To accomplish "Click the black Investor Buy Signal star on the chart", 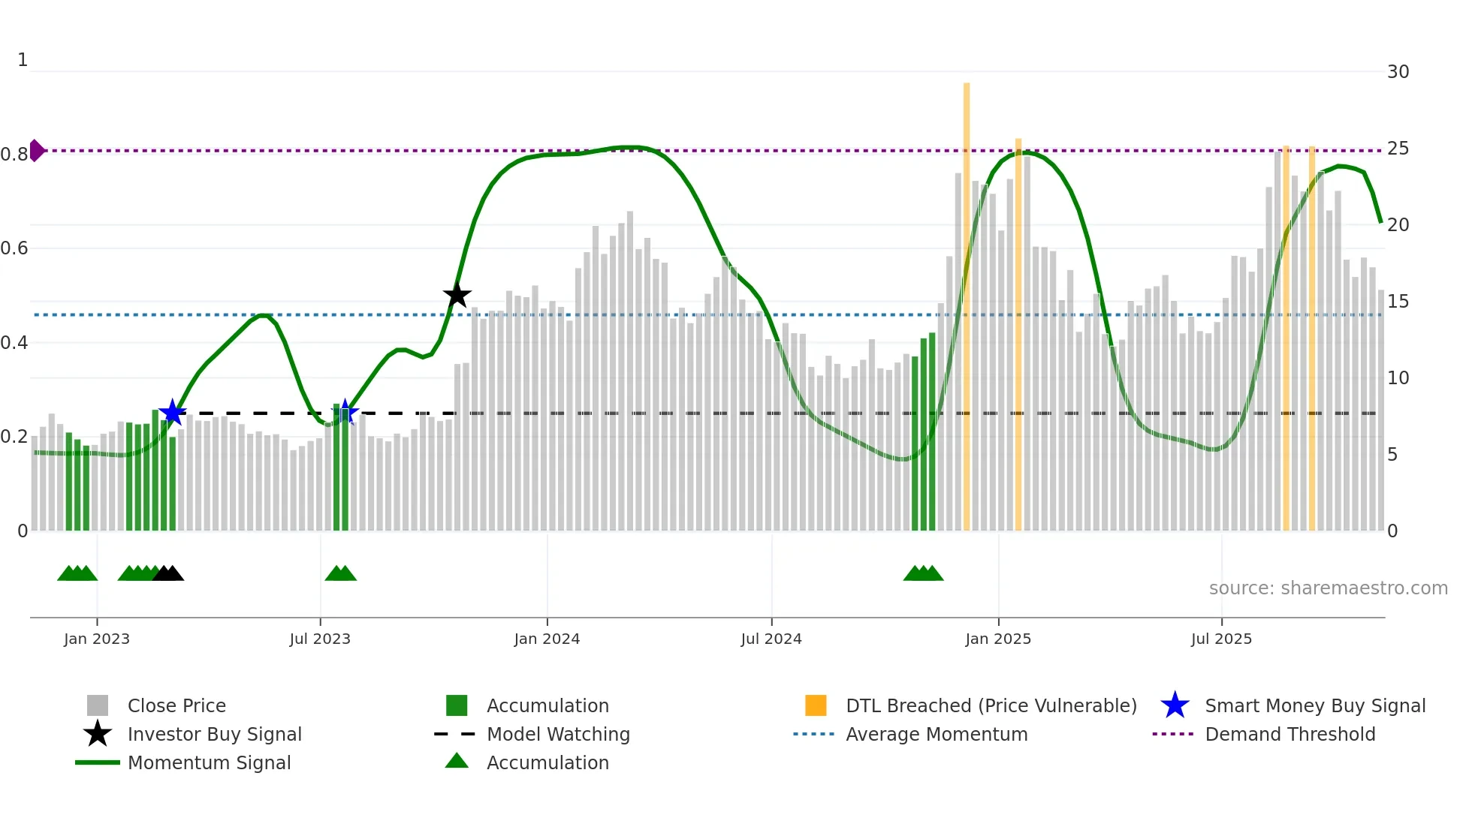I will tap(457, 295).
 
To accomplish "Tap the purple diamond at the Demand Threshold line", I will tap(36, 151).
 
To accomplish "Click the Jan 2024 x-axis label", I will tap(547, 639).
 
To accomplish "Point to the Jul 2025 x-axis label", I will tap(1221, 639).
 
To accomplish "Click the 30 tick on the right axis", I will tap(1398, 72).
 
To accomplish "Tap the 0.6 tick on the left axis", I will tap(15, 248).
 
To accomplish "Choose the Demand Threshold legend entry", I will tap(1290, 734).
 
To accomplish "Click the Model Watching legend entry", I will tap(558, 734).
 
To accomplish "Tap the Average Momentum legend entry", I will tap(937, 734).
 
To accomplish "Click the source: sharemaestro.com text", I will tap(1328, 588).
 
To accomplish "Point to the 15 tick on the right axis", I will tap(1398, 302).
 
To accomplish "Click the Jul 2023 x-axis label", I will tap(320, 639).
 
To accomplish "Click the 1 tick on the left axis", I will tap(23, 60).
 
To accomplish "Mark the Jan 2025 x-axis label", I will tap(998, 639).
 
